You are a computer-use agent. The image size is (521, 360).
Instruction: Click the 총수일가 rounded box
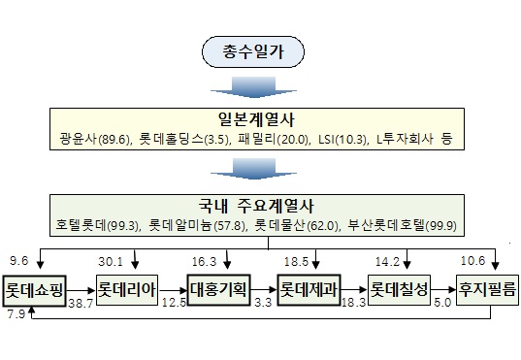(253, 51)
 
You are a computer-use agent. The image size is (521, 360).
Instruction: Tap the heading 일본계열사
(256, 119)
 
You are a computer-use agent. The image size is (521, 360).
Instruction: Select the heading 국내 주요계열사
(256, 206)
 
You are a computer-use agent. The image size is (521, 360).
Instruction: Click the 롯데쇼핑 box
(34, 290)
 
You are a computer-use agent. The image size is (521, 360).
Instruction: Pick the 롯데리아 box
(126, 290)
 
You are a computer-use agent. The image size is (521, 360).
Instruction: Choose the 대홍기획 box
(218, 290)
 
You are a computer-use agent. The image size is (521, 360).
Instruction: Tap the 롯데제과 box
(309, 290)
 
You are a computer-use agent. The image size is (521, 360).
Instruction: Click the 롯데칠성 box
(399, 290)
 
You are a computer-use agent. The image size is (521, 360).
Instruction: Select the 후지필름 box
(487, 290)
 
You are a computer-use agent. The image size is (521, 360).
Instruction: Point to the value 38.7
(81, 303)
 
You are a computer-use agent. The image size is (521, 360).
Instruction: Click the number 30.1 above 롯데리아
(111, 262)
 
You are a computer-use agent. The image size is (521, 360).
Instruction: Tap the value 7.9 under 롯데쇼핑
(16, 314)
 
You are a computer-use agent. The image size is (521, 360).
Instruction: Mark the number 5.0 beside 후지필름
(442, 303)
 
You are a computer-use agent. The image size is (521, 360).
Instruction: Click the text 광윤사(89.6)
(95, 139)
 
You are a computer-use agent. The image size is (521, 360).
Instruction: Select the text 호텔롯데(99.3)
(97, 225)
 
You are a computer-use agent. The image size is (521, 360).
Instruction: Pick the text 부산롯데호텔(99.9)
(402, 225)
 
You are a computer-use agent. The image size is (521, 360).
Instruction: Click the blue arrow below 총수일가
(253, 87)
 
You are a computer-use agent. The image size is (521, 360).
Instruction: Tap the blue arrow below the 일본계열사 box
(253, 169)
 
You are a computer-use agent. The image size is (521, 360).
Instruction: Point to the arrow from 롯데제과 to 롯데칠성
(354, 290)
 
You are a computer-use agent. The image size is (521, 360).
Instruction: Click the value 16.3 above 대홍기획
(204, 262)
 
